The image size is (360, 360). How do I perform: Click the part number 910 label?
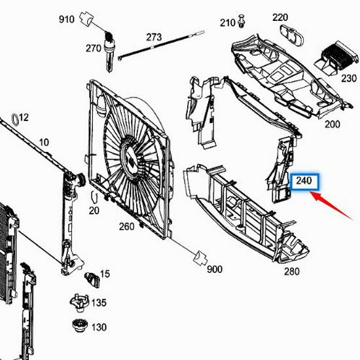point(67,19)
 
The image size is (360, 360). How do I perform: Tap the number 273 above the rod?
point(154,37)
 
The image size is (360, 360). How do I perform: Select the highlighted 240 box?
point(305,182)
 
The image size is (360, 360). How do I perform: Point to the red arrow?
point(332,206)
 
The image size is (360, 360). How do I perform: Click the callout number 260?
point(126,227)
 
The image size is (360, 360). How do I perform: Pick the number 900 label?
point(215,270)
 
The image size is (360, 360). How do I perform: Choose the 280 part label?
point(292,272)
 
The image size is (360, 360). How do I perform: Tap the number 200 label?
point(333,124)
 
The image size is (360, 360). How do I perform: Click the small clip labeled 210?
point(242,22)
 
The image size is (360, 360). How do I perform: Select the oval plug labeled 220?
point(292,35)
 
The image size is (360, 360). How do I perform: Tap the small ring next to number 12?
point(15,120)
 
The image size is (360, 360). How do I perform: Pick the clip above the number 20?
point(94,198)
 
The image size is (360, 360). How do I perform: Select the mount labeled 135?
point(79,303)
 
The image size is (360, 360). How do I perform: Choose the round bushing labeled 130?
point(80,325)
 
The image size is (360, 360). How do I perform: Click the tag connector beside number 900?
point(200,259)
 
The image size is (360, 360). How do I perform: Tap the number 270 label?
point(94,48)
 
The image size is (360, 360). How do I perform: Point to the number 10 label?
point(44,143)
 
